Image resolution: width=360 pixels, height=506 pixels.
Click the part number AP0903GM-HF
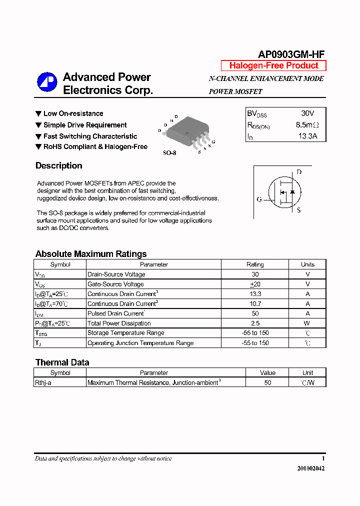(291, 54)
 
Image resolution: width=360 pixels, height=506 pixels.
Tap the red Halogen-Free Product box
(273, 65)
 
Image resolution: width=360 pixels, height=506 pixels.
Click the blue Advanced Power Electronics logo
(47, 82)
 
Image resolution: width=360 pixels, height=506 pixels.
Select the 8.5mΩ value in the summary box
(306, 124)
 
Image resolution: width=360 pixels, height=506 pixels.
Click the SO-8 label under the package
(169, 153)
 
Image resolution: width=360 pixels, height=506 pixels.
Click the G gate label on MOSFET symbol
(259, 199)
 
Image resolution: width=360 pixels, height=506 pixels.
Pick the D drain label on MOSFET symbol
(299, 172)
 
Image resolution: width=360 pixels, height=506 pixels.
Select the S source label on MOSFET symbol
(298, 210)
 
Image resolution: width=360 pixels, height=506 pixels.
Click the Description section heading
(58, 165)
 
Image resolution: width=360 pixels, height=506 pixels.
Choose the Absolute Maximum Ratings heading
(91, 254)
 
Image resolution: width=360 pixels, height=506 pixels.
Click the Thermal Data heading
(62, 362)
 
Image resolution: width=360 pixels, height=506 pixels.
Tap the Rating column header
(255, 264)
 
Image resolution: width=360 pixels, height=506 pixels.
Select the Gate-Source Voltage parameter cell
(115, 284)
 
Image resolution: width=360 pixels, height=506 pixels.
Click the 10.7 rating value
(255, 303)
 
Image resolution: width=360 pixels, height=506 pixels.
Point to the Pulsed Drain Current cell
(115, 313)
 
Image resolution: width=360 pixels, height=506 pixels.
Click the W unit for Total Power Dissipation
(307, 323)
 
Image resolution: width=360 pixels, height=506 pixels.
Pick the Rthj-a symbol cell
(43, 382)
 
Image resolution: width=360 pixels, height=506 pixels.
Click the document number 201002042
(310, 468)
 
